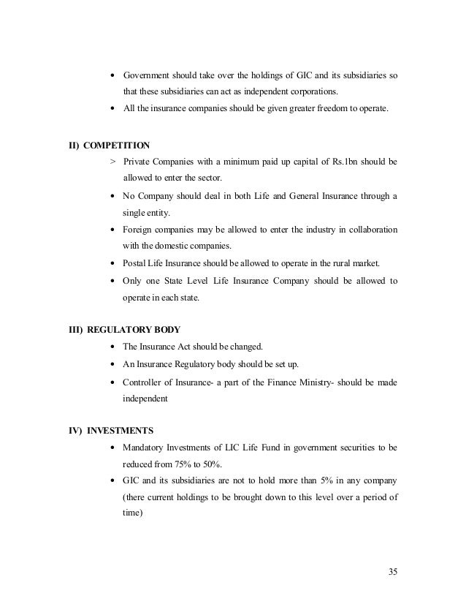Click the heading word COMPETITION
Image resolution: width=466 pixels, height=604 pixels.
pos(115,145)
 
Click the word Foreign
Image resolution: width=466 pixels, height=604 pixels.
pos(138,229)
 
